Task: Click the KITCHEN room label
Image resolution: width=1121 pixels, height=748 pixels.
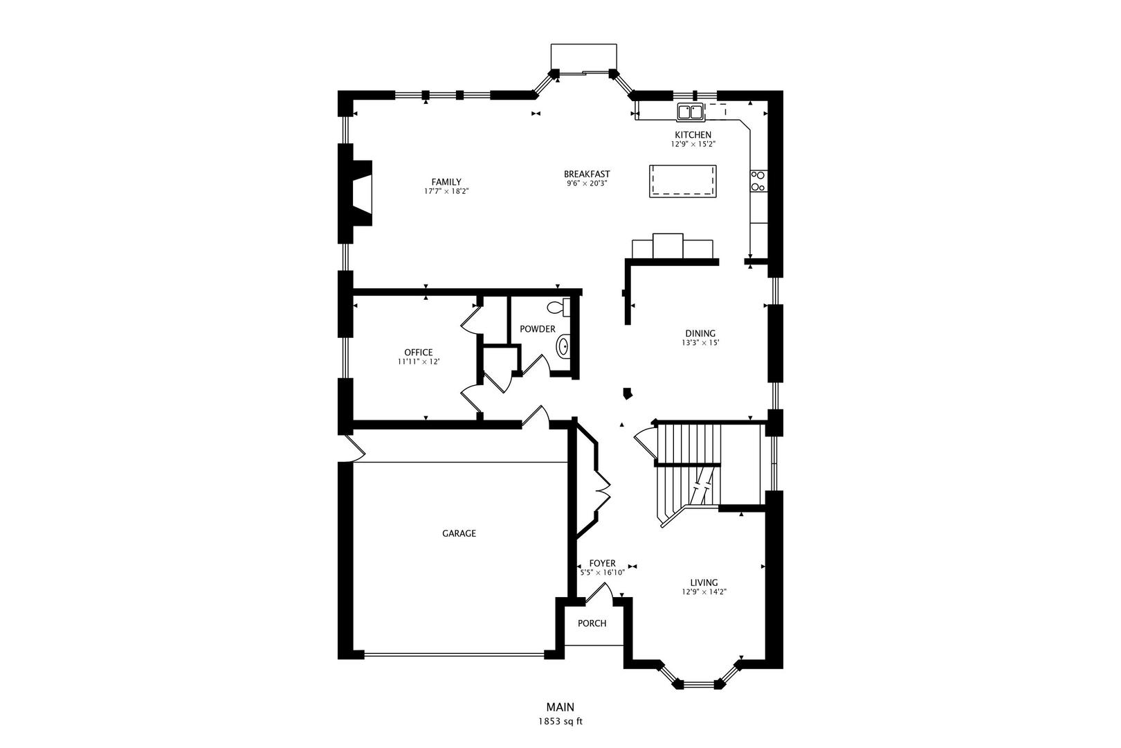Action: coord(693,135)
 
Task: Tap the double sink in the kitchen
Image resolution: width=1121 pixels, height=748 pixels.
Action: coord(691,112)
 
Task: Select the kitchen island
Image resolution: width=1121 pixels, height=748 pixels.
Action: coord(682,181)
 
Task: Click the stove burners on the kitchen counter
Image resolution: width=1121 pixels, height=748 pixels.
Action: coord(758,181)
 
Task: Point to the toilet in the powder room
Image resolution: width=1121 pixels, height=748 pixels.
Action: coord(558,307)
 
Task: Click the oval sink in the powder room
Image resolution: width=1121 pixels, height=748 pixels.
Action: coord(563,346)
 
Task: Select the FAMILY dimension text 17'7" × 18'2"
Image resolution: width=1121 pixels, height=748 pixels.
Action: coord(446,191)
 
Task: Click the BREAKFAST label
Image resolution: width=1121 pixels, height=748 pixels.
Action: coord(587,175)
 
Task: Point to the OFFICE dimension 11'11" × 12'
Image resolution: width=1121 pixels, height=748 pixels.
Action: coord(419,362)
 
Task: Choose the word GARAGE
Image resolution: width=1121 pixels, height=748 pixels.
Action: coord(459,533)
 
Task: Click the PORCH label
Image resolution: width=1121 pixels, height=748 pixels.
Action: coord(592,623)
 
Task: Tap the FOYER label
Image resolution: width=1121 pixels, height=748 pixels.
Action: coord(602,563)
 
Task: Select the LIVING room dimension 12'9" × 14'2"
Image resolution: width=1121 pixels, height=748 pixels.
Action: coord(704,591)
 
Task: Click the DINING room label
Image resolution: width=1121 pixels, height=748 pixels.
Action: coord(700,333)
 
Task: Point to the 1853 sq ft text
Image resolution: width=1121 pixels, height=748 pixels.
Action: coord(560,722)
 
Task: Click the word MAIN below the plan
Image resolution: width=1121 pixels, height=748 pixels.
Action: coord(560,707)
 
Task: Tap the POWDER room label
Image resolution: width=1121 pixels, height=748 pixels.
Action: coord(538,329)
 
